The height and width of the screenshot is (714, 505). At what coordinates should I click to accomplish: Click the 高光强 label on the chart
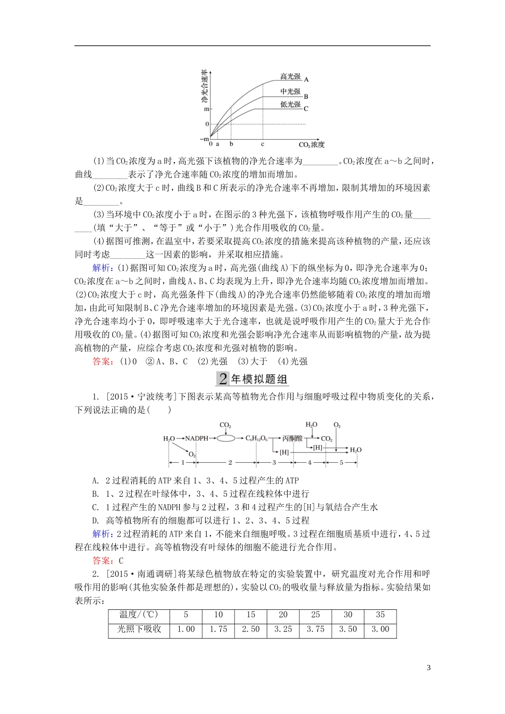pos(290,76)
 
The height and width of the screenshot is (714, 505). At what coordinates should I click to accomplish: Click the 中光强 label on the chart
pos(290,92)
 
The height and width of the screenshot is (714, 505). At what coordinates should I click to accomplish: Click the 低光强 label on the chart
pos(290,105)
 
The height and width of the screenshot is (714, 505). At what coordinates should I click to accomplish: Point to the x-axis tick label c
pos(263,144)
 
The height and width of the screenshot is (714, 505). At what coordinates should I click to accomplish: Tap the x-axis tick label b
pos(231,144)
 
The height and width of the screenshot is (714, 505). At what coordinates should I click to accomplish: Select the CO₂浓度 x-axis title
pos(311,144)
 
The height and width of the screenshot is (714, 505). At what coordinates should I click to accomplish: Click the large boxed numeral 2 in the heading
pos(222,379)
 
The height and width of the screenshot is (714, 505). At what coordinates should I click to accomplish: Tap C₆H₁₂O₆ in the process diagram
pos(257,438)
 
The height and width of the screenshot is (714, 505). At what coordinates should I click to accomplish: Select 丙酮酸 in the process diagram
pos(292,438)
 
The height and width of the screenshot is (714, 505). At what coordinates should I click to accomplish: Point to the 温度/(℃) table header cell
pos(139,615)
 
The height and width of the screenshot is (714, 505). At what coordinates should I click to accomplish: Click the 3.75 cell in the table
pos(315,629)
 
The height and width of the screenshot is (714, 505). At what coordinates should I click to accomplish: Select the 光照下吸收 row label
pos(139,629)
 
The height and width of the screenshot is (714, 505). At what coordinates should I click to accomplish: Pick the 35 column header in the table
pos(380,615)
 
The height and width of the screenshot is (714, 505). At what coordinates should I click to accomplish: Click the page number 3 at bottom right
pos(429,668)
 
